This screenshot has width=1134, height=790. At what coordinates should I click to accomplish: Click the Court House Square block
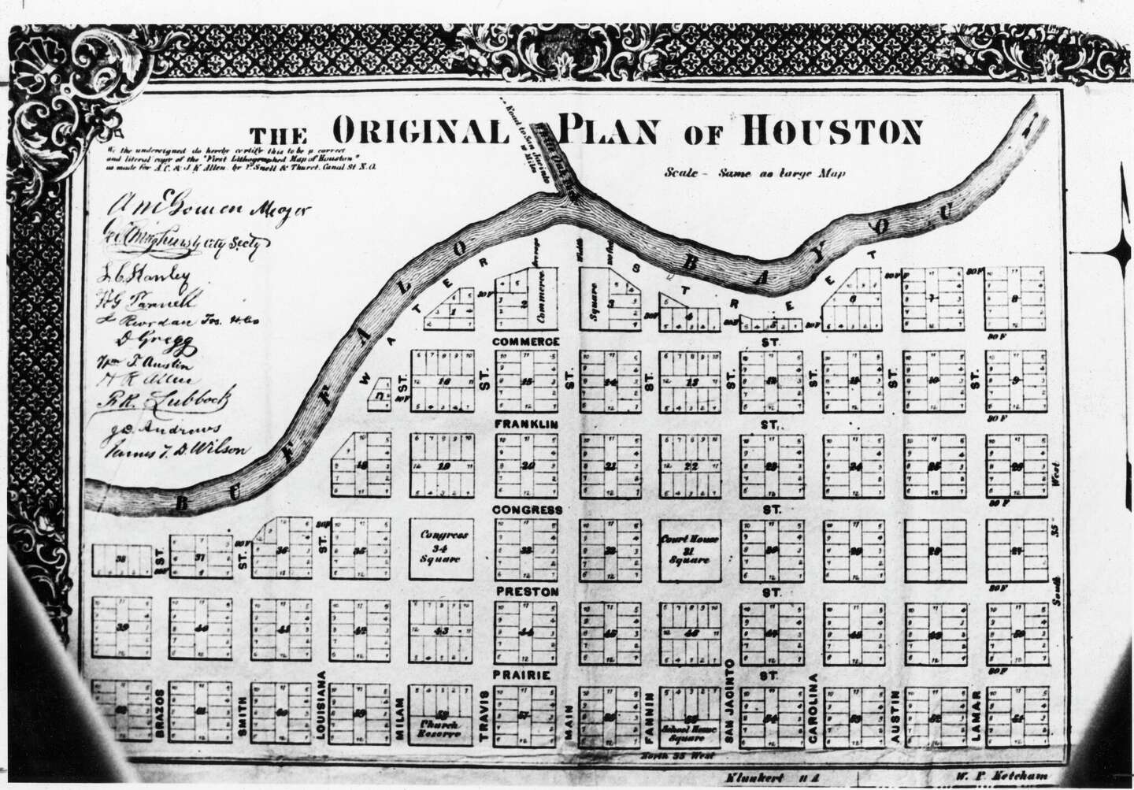pyautogui.click(x=690, y=549)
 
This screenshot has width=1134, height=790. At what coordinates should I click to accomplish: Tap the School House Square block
pyautogui.click(x=690, y=717)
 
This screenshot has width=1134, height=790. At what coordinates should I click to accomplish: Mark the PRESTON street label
pyautogui.click(x=526, y=592)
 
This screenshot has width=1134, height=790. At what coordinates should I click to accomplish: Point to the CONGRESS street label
pyautogui.click(x=527, y=510)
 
